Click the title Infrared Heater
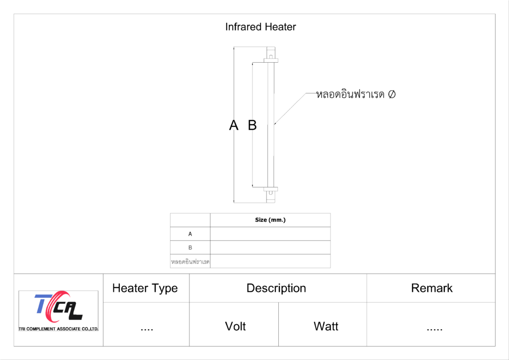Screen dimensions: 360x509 coord(260,27)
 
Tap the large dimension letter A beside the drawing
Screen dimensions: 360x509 coord(234,125)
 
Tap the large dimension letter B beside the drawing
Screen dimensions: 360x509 coord(253,125)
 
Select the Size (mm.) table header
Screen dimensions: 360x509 coord(270,220)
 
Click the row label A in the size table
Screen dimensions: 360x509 coord(190,234)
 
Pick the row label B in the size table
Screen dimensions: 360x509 coord(190,247)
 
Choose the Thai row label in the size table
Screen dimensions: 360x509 coord(190,261)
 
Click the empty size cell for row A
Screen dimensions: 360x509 coord(270,234)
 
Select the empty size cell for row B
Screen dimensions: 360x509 coord(270,247)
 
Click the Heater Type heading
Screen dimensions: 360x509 coord(145,288)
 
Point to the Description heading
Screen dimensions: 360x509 coord(276,288)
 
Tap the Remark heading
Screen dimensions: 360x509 coord(431,288)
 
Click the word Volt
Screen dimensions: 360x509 coord(235,326)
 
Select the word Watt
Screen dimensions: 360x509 coord(326,326)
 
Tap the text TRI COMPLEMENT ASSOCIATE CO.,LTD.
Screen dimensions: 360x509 coord(59,329)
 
